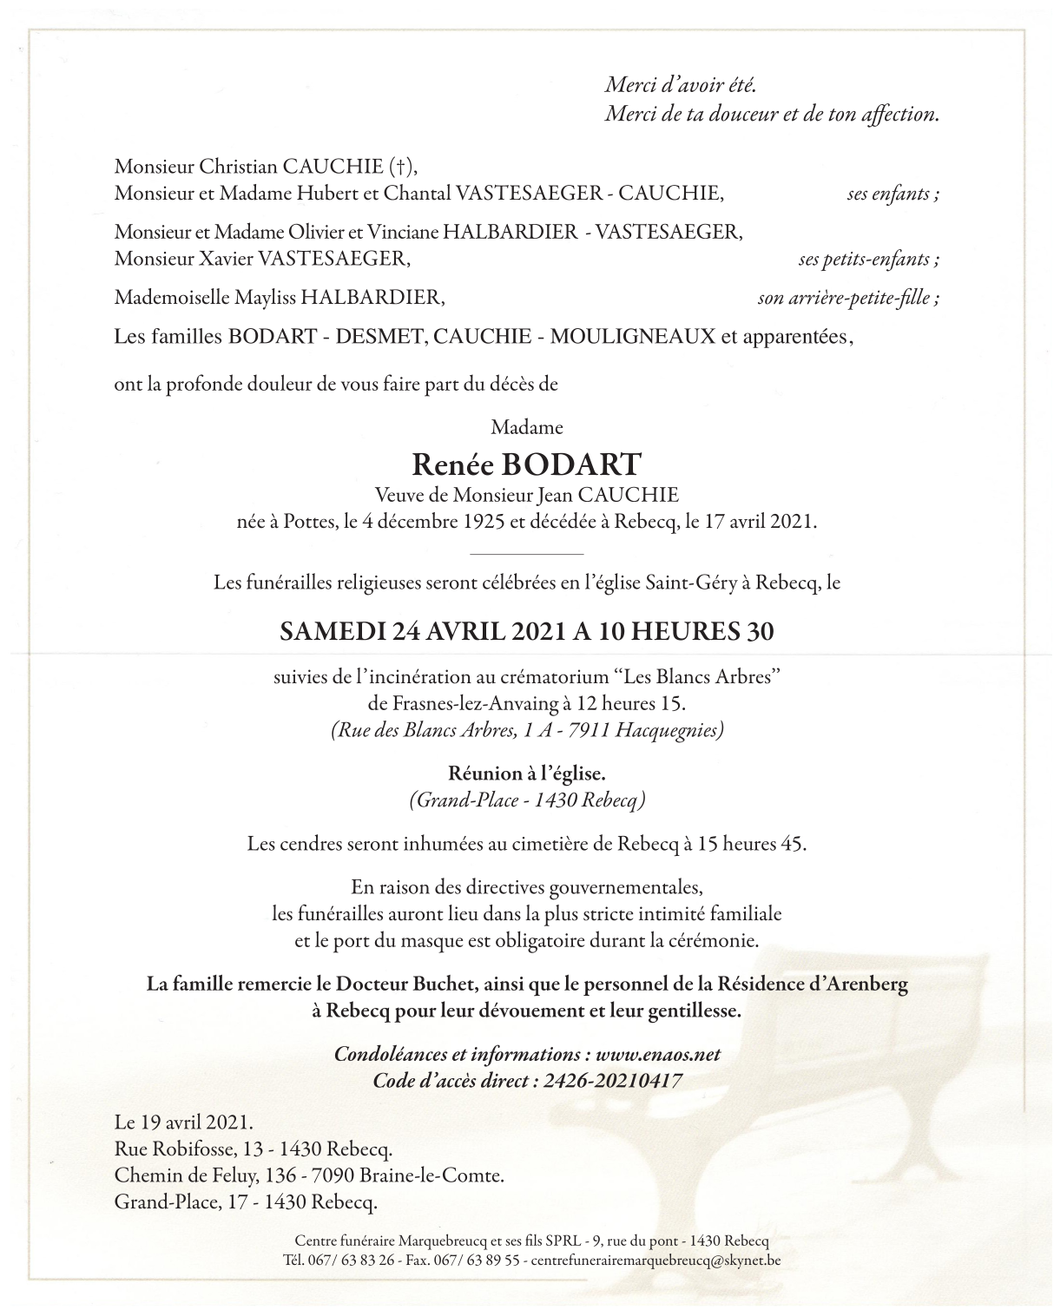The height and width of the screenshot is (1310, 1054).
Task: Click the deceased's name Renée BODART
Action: tap(526, 465)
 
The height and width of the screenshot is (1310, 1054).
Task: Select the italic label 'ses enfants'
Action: tap(892, 194)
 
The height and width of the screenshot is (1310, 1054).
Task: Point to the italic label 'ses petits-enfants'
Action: tap(868, 260)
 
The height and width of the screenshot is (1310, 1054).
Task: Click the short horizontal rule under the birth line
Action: tap(526, 553)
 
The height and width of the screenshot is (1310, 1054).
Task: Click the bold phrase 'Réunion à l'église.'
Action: tap(526, 773)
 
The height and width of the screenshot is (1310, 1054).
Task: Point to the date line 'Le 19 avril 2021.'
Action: tap(184, 1122)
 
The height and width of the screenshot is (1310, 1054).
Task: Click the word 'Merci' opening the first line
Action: tap(629, 86)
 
